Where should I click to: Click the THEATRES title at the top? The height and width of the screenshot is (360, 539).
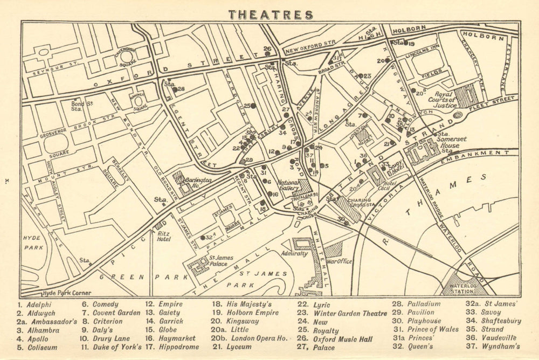pos(270,15)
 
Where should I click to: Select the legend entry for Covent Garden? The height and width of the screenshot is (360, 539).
pos(110,313)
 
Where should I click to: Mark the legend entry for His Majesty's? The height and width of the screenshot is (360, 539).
pos(240,304)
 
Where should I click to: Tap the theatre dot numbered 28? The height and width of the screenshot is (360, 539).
pos(175,89)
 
